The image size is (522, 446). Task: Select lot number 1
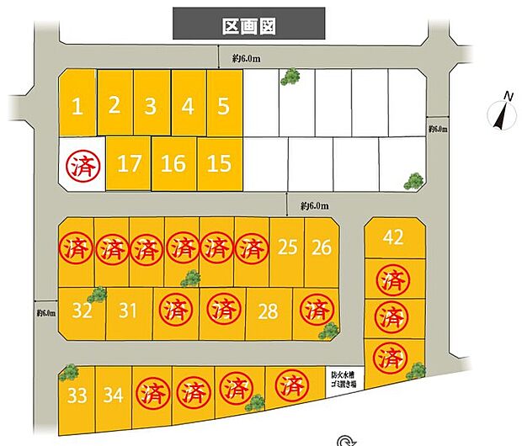(77, 107)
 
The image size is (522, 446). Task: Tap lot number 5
(223, 107)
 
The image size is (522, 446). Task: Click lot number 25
(287, 247)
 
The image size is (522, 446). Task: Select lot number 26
(321, 247)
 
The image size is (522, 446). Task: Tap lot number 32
(82, 311)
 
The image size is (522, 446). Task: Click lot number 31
(128, 311)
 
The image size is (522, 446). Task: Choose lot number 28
(268, 311)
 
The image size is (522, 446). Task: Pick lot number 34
(114, 393)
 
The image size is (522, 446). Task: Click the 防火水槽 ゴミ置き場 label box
(344, 380)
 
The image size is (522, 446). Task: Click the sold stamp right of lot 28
(317, 309)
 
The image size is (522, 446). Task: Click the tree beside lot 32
(97, 295)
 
